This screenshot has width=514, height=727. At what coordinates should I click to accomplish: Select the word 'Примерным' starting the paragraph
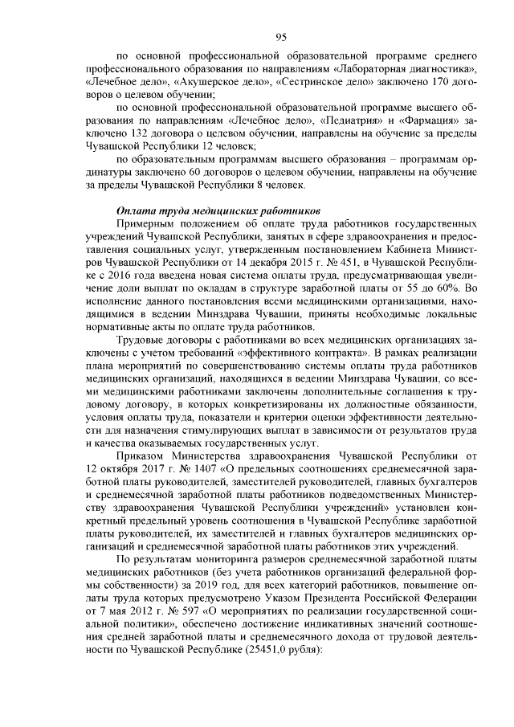(x=147, y=223)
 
